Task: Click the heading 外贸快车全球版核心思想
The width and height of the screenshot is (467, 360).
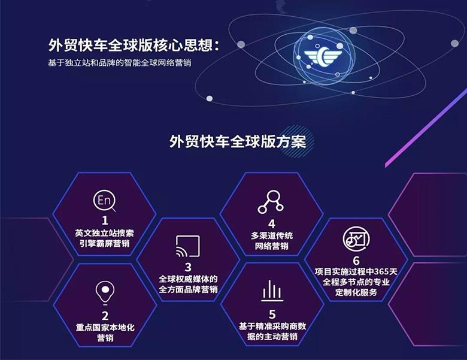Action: coord(131,46)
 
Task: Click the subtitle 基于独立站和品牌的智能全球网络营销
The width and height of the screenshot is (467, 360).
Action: coord(119,63)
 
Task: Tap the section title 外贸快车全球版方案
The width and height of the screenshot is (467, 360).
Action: coord(238,141)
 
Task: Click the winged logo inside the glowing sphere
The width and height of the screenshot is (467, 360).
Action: coord(323,56)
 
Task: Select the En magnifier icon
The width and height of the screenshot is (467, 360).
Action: coord(104,201)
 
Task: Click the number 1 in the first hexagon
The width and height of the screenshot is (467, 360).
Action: coord(105,220)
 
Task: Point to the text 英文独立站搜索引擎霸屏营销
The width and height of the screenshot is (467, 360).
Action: coord(105,238)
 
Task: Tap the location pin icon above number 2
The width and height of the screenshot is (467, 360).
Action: coord(105,293)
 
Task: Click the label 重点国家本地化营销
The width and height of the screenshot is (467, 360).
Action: coord(105,332)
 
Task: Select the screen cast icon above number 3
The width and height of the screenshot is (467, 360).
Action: coord(188,246)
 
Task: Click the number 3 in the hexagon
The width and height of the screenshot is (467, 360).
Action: coord(188,267)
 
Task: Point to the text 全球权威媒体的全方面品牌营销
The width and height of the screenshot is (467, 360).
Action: coord(188,285)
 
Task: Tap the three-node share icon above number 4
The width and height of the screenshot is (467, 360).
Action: coord(271,202)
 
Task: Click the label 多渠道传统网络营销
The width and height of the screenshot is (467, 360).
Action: coord(272,241)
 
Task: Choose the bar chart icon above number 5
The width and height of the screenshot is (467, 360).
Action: coord(272,291)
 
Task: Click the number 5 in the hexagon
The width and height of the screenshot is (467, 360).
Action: coord(272,314)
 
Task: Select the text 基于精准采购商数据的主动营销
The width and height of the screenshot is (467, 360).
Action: coord(272,331)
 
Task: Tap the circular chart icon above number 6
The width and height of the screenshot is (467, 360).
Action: coord(356,240)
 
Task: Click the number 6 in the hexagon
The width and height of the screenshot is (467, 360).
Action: coord(356,261)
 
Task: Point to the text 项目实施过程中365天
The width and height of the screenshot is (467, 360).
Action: coord(356,271)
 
